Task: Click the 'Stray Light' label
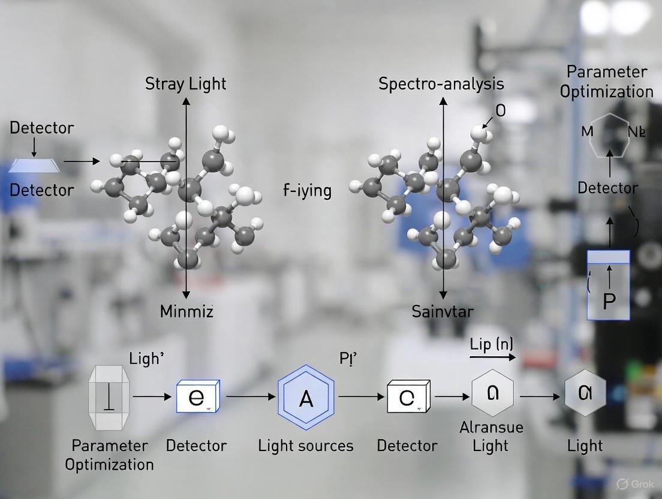pos(186,84)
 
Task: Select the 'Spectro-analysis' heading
pos(441,84)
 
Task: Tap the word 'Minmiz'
pos(186,312)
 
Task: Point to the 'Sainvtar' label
pos(443,312)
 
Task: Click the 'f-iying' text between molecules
pos(307,191)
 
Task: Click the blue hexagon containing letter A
pos(306,398)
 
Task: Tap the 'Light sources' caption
pos(306,446)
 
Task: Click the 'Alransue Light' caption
pos(491,437)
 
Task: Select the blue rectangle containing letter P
pos(608,285)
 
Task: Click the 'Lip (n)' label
pos(491,344)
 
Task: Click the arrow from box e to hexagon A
pos(251,396)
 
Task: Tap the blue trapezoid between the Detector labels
pos(34,163)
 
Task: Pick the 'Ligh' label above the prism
pos(147,359)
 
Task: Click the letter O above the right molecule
pos(501,111)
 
